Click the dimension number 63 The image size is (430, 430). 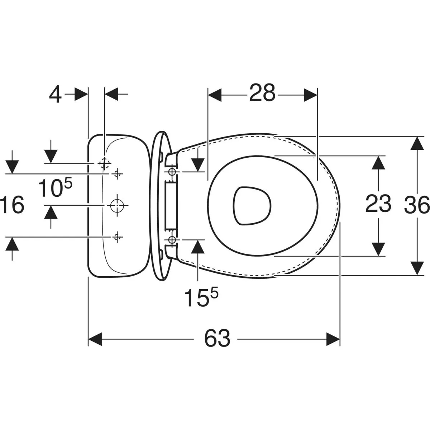(217, 339)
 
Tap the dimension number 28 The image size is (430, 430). (262, 92)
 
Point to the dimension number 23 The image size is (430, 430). (378, 203)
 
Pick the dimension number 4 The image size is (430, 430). (55, 94)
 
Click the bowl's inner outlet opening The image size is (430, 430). (252, 206)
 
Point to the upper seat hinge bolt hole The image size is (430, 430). (172, 172)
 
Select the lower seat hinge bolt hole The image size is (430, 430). (172, 240)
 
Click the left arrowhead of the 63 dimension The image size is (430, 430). (95, 339)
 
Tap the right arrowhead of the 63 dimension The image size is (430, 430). (333, 339)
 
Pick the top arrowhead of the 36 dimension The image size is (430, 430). (417, 143)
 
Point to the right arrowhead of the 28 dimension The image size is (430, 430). (310, 95)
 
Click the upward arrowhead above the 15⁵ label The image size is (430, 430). (198, 247)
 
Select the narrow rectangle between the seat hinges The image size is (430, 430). (171, 206)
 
